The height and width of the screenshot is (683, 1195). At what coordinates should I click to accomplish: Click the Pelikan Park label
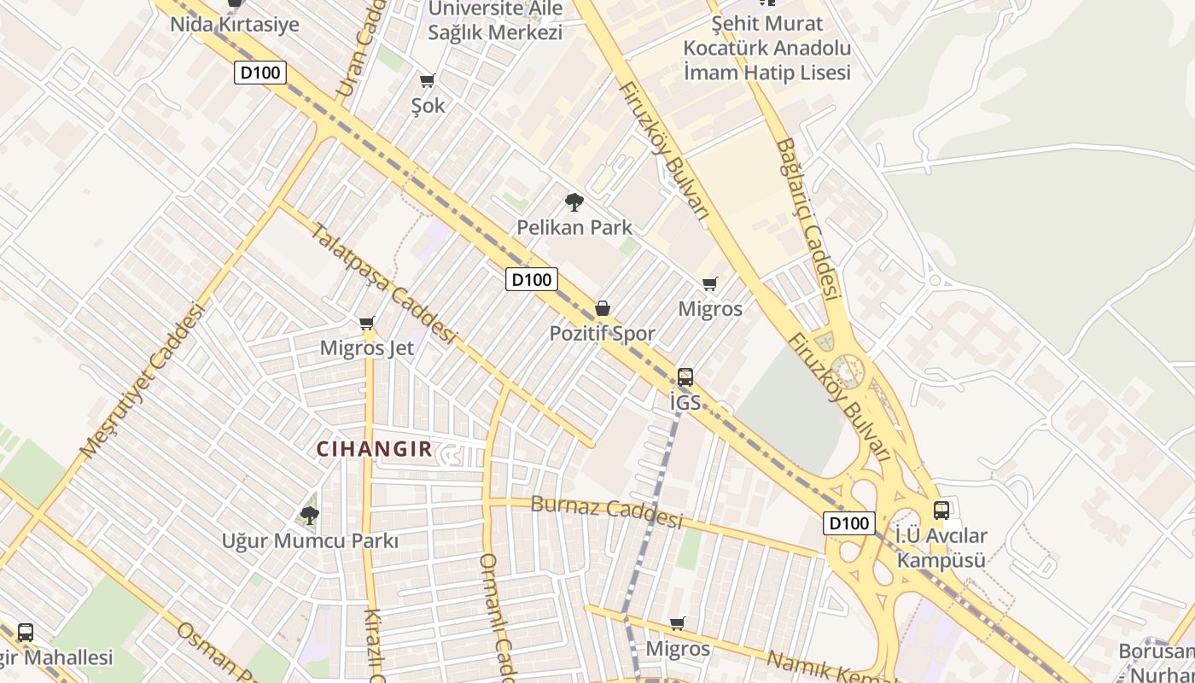tap(574, 227)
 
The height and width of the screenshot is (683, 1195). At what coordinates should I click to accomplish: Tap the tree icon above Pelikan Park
tap(574, 202)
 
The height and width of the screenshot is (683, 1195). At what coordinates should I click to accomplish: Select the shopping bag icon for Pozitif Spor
tap(603, 308)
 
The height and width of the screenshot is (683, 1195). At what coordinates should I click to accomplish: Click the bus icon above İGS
tap(685, 377)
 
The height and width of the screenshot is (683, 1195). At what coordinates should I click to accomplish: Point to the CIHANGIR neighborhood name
tap(375, 449)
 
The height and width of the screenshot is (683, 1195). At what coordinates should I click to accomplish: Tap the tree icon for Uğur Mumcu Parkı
tap(310, 515)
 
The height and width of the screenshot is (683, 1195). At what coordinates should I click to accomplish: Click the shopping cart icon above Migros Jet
tap(367, 323)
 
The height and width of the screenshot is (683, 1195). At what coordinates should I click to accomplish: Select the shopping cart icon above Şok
tap(428, 81)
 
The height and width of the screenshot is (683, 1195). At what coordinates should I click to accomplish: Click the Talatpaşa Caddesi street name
tap(382, 283)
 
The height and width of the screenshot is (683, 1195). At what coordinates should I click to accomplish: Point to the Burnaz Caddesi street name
tap(607, 510)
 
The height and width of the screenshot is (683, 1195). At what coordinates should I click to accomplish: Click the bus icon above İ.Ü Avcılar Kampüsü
tap(941, 511)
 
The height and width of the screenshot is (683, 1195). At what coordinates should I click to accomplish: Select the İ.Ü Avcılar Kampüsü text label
tap(941, 548)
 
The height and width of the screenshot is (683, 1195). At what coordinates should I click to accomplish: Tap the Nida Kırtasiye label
tap(235, 24)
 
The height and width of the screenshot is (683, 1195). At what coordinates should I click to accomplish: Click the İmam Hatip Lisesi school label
tap(767, 49)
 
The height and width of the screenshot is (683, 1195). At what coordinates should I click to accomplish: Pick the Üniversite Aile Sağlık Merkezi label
tap(495, 20)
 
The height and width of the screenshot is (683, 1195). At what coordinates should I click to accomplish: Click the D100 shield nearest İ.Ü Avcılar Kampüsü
tap(849, 523)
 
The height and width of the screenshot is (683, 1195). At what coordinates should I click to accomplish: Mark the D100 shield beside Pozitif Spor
tap(532, 279)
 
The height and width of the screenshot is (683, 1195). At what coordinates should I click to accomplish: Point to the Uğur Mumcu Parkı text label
tap(310, 541)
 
